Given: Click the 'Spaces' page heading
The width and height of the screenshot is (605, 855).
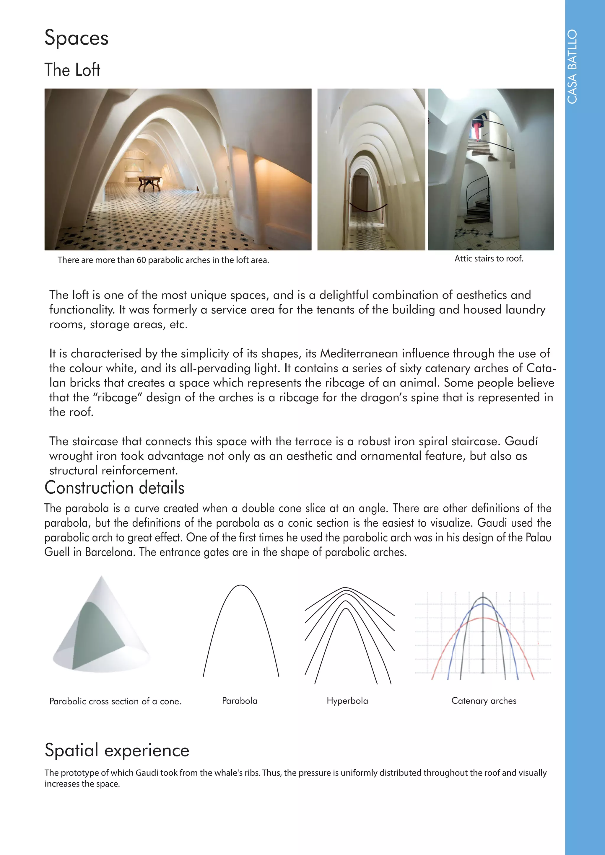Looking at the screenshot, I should coord(77,38).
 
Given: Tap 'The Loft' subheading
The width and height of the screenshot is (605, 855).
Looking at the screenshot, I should coord(72,70).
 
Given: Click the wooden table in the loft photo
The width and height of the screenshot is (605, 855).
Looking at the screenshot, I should coord(149,182).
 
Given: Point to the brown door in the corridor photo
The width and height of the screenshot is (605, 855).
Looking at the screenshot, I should coord(360,194).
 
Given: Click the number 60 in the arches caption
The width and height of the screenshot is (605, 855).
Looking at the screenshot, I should coord(141,260).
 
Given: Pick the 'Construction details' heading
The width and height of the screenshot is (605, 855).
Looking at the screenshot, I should coord(114,488).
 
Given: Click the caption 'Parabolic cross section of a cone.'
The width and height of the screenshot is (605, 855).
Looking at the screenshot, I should coord(115,701).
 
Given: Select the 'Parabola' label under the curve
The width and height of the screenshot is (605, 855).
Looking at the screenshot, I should coord(240,701).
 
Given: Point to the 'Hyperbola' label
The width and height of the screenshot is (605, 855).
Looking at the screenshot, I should coord(347,701).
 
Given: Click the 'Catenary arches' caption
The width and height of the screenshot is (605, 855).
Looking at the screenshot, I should coord(484,701).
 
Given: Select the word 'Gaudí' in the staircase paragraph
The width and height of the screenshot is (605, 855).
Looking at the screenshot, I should coord(521,441).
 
